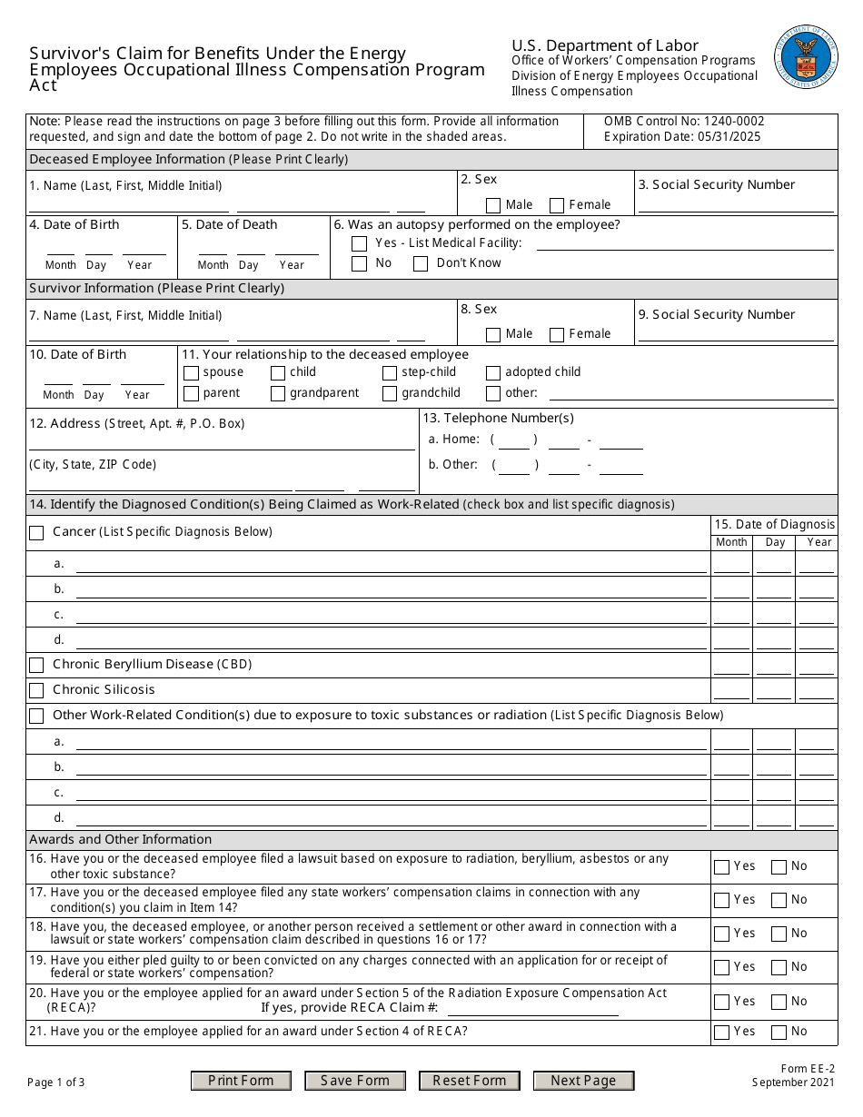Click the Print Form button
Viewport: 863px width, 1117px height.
tap(241, 1081)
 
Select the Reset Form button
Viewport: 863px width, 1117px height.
tap(469, 1081)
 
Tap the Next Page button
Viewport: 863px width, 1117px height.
tap(583, 1081)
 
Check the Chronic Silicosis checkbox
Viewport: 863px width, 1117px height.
tap(36, 691)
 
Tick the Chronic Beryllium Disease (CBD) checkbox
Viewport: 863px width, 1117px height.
tap(36, 666)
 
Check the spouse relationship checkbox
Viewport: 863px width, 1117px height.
tap(191, 373)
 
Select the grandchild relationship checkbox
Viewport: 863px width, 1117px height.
tap(390, 394)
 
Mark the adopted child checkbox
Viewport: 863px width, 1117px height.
tap(493, 373)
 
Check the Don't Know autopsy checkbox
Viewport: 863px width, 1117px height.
tap(421, 264)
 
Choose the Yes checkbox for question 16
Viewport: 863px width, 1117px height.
tap(721, 867)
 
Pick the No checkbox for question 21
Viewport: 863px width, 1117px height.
tap(779, 1033)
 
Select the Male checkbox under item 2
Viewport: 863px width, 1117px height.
tap(493, 206)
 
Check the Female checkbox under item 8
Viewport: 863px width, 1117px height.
tap(557, 335)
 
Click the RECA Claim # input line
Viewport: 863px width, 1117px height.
tap(533, 1009)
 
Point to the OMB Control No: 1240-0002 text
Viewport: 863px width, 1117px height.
tap(684, 121)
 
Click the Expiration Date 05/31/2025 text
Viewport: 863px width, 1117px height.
tap(682, 137)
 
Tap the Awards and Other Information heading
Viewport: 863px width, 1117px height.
tap(120, 839)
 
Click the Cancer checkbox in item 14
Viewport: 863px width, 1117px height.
tap(36, 533)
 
